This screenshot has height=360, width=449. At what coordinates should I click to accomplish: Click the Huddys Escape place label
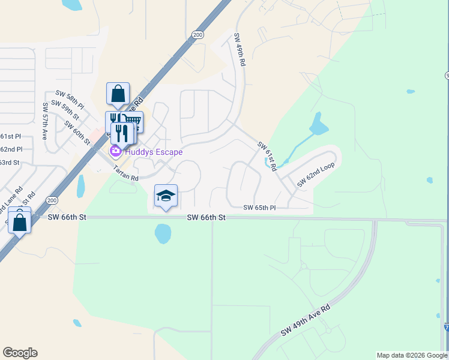(152, 152)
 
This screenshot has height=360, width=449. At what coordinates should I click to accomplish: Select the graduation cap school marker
(166, 196)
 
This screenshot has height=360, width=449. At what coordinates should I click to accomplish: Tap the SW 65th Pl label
(259, 208)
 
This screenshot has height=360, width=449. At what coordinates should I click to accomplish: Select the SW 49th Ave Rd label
(306, 325)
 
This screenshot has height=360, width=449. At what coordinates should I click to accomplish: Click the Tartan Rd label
(126, 174)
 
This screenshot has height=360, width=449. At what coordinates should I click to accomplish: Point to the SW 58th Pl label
(70, 97)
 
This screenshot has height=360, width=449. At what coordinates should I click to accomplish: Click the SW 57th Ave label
(45, 121)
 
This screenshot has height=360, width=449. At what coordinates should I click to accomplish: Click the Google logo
(20, 353)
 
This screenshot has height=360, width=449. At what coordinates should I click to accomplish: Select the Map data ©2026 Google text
(412, 355)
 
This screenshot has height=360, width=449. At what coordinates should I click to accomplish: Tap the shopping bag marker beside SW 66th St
(20, 223)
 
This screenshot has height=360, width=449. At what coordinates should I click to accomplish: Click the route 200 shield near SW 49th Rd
(197, 35)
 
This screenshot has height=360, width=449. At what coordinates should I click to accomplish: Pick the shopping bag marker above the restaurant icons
(118, 94)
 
